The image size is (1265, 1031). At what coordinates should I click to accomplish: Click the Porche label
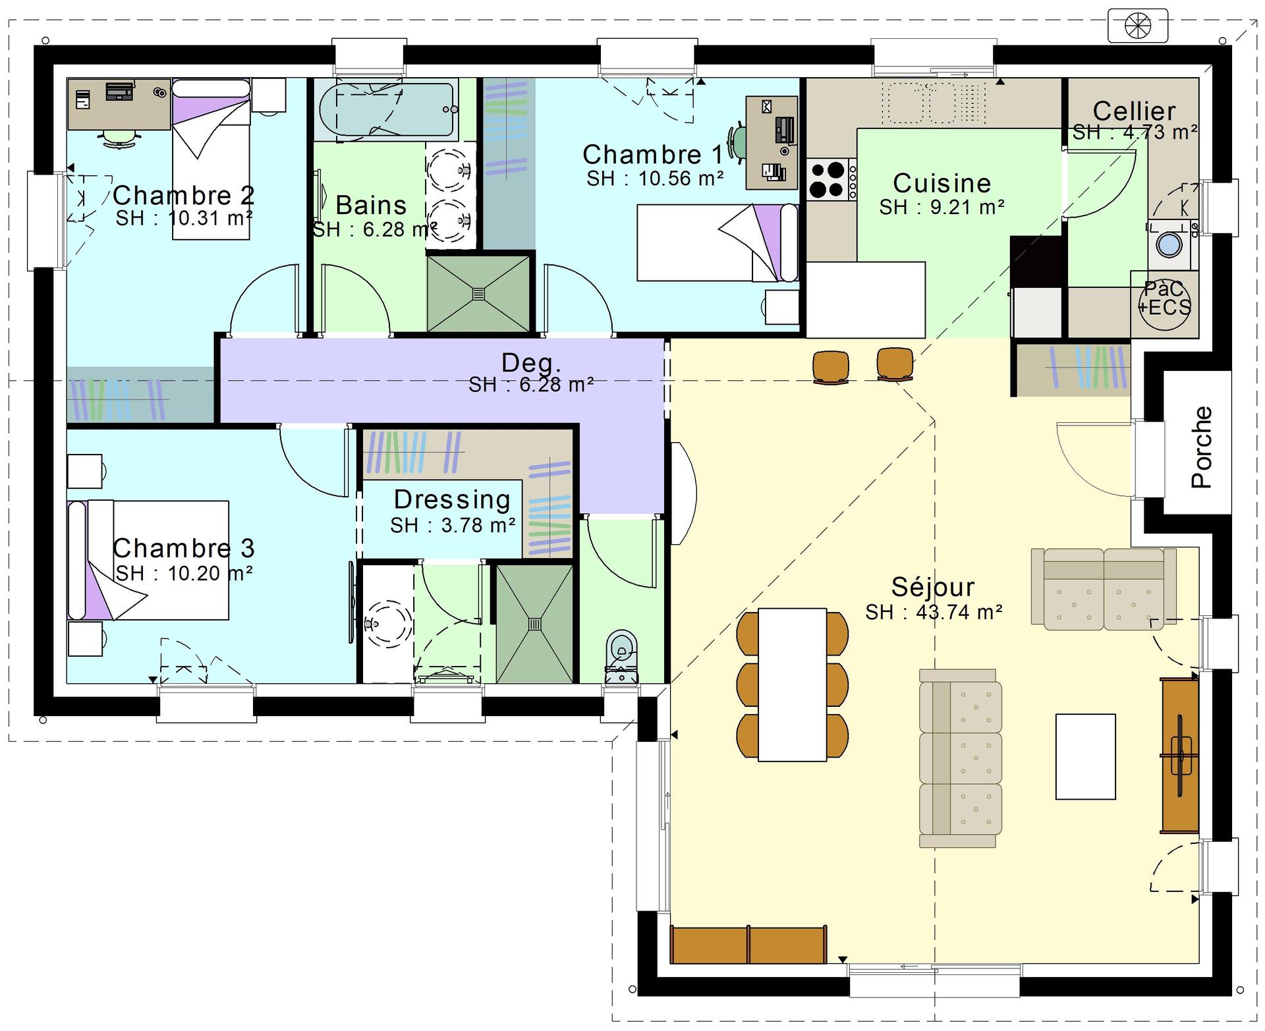pyautogui.click(x=1202, y=447)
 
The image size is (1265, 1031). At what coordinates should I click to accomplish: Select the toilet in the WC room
pyautogui.click(x=622, y=656)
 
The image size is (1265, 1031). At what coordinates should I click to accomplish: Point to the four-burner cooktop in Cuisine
pyautogui.click(x=828, y=180)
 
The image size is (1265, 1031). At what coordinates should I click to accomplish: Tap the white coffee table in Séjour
pyautogui.click(x=1085, y=756)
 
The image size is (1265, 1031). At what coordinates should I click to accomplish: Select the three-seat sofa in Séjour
pyautogui.click(x=961, y=758)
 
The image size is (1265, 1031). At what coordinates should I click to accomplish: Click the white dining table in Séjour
pyautogui.click(x=792, y=684)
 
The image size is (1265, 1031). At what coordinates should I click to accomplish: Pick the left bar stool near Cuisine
pyautogui.click(x=831, y=366)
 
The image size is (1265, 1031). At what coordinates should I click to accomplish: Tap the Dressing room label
pyautogui.click(x=452, y=500)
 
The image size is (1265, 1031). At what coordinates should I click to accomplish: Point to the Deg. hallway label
pyautogui.click(x=531, y=362)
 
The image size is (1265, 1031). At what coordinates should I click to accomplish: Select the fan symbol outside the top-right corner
pyautogui.click(x=1138, y=26)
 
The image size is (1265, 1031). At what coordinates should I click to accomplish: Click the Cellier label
pyautogui.click(x=1134, y=111)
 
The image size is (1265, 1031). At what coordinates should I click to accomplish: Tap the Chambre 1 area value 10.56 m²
pyautogui.click(x=681, y=178)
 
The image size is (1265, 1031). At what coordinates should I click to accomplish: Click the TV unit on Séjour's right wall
pyautogui.click(x=1180, y=756)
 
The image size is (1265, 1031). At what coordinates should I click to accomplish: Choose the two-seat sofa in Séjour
pyautogui.click(x=1104, y=589)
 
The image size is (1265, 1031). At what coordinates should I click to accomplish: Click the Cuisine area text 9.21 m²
pyautogui.click(x=967, y=207)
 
